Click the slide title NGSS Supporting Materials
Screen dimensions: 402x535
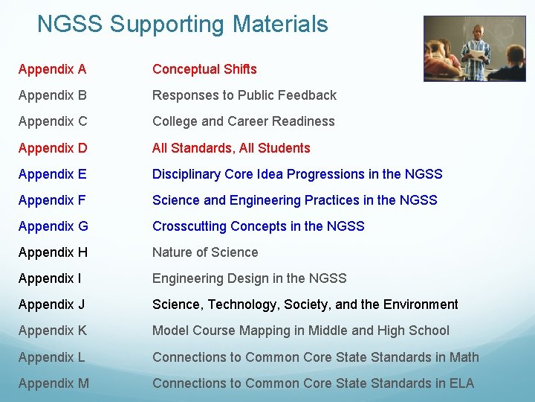(182, 25)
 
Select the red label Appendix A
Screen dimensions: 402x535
(52, 69)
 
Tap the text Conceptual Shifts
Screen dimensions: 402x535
(204, 69)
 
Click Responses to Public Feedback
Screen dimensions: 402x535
(244, 95)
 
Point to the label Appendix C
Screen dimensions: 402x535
(52, 121)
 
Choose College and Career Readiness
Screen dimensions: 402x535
(243, 121)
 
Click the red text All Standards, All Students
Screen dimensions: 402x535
(231, 148)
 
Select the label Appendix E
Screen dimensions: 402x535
(52, 174)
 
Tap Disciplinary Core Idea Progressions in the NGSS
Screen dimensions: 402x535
(297, 174)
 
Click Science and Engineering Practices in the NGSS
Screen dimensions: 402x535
(294, 200)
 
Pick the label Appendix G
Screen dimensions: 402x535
(53, 226)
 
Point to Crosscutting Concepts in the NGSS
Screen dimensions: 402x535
(258, 226)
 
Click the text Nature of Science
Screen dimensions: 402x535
(205, 252)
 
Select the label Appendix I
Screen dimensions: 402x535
(51, 278)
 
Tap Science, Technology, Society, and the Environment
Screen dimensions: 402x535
(305, 304)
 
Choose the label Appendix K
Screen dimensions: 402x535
(52, 331)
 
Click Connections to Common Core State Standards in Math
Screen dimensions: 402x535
(315, 357)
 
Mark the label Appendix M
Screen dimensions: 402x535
(53, 383)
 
